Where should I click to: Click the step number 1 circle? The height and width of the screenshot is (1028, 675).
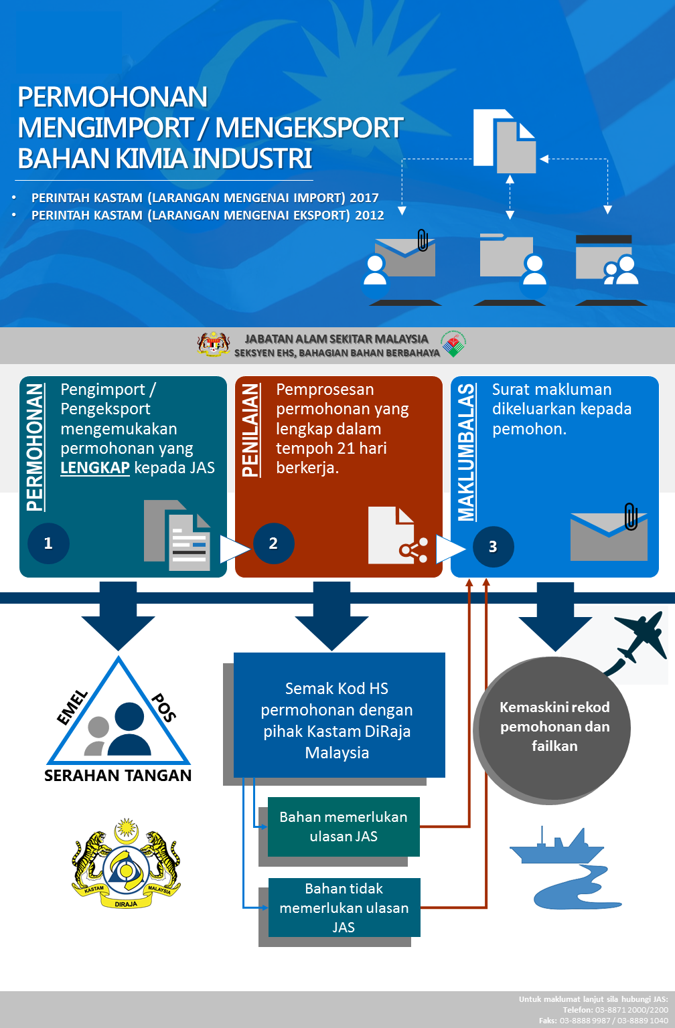click(48, 543)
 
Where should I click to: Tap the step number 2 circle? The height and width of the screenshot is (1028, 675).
click(273, 543)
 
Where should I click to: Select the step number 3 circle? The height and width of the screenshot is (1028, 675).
click(493, 547)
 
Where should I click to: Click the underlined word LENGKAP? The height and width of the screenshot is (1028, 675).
click(95, 468)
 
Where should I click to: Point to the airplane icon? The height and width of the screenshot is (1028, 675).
click(641, 635)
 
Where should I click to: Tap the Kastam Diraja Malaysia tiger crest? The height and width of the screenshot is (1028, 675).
click(126, 863)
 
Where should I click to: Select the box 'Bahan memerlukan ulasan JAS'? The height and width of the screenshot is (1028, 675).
click(344, 827)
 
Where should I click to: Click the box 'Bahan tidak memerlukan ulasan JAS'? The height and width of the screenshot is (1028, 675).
click(344, 908)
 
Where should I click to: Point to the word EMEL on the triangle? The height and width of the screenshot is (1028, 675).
click(72, 707)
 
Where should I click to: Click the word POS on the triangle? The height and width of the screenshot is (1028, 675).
click(163, 707)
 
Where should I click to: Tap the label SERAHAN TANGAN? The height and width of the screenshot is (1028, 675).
click(118, 776)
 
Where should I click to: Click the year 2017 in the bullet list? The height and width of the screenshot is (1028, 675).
click(364, 198)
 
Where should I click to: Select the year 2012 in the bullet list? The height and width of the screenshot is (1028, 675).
click(369, 216)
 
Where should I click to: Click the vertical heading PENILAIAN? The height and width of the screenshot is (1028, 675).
click(250, 430)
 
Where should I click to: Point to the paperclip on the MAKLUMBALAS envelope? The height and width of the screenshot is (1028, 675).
click(631, 516)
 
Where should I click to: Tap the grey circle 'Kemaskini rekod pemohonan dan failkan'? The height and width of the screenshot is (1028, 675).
click(552, 730)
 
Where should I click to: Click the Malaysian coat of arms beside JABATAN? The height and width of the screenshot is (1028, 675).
click(214, 344)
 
